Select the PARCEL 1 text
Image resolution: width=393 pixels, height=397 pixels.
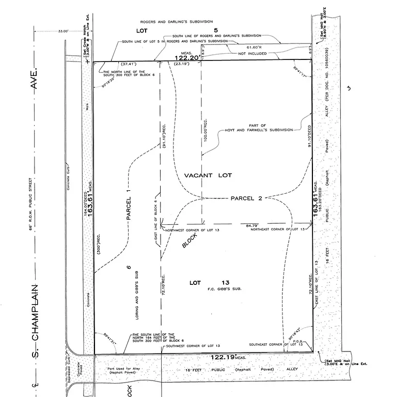click(130, 204)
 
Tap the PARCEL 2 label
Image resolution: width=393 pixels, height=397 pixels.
click(247, 198)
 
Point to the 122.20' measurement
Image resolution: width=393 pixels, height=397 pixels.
click(186, 58)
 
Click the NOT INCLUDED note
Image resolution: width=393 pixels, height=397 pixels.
click(252, 53)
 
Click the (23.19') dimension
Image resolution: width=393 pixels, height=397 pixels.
click(181, 64)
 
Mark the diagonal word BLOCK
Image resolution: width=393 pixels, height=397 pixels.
click(190, 242)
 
